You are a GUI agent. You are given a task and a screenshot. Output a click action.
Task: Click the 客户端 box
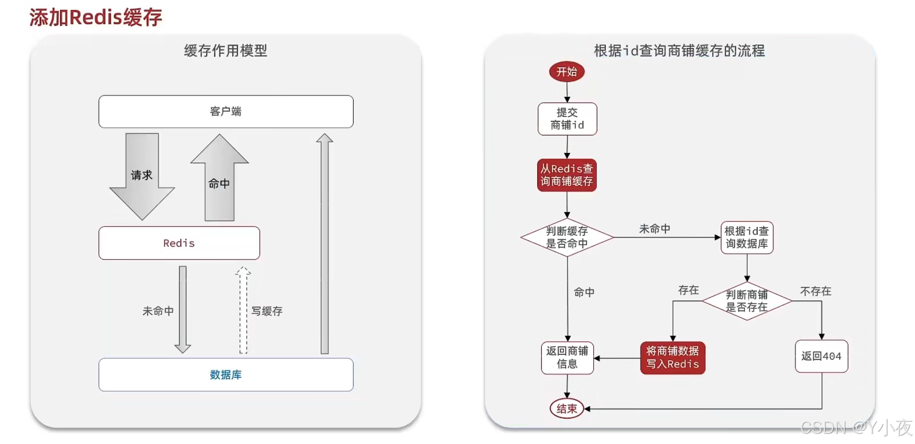(x=225, y=111)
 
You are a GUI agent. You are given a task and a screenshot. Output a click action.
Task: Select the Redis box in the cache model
(x=179, y=243)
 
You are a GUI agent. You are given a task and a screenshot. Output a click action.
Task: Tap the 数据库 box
(x=225, y=374)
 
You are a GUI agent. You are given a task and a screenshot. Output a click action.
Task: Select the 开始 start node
(x=566, y=72)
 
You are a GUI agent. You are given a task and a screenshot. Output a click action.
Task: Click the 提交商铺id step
(x=567, y=119)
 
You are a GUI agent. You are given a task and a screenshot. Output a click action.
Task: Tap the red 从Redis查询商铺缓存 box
(x=567, y=175)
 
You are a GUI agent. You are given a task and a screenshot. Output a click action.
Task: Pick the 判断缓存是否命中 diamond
(x=567, y=237)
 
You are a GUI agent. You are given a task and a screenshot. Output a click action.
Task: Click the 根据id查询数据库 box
(x=747, y=237)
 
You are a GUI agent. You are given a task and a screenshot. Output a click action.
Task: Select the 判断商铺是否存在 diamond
(x=747, y=301)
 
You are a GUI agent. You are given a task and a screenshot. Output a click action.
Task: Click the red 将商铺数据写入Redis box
(x=672, y=357)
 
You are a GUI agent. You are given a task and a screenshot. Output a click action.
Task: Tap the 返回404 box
(x=821, y=356)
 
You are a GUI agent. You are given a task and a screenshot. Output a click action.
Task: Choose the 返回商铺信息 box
(x=567, y=357)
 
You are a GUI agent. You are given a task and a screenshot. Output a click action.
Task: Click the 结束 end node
(x=566, y=409)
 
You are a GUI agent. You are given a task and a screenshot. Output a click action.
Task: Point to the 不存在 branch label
(x=816, y=291)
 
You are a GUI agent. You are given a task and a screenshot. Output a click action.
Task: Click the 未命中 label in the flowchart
(x=655, y=229)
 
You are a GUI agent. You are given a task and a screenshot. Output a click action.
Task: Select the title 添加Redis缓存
(x=96, y=17)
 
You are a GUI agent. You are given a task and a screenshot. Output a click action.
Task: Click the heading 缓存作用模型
(x=225, y=51)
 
